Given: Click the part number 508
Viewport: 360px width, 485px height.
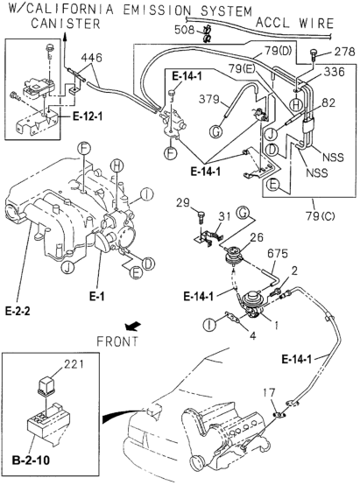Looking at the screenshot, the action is (x=185, y=30).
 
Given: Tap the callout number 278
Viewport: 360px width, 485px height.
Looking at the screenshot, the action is (x=344, y=52).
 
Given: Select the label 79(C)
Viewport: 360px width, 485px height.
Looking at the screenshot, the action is (x=321, y=215).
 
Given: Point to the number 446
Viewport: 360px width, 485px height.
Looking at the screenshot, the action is (x=92, y=58).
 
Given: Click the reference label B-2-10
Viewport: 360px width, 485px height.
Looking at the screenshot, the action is (x=31, y=460).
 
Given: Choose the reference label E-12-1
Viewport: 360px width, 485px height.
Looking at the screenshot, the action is (x=88, y=116).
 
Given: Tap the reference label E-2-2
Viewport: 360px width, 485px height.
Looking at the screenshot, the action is (x=18, y=311).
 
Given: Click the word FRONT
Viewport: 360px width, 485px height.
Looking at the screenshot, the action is (x=117, y=341).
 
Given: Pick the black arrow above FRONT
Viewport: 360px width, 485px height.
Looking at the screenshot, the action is (x=133, y=326).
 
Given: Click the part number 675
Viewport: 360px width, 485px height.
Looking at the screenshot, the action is (x=278, y=254).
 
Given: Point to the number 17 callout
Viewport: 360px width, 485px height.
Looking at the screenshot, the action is (x=269, y=393).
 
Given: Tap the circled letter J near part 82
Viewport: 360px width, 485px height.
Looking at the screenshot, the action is (x=271, y=135).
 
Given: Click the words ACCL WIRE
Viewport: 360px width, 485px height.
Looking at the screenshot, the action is (x=294, y=23).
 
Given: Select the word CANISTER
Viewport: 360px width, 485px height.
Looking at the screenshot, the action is (x=66, y=24).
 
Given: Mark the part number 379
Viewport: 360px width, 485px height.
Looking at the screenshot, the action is (x=209, y=99).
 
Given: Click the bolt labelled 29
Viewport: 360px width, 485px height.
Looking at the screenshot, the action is (x=201, y=216).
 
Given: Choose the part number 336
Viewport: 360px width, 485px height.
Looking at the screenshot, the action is (x=334, y=72).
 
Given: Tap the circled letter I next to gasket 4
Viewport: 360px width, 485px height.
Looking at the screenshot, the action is (x=209, y=325).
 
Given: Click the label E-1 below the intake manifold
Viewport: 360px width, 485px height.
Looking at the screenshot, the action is (x=97, y=296).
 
